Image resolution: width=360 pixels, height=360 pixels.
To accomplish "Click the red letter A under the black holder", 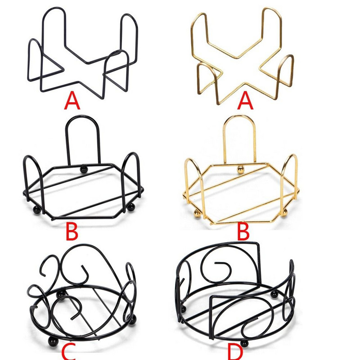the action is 72,100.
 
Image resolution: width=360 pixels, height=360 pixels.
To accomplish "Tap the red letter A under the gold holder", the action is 245,100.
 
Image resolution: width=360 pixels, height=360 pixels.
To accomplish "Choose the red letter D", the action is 235,352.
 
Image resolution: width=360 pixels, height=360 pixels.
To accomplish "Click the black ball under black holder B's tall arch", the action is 84,170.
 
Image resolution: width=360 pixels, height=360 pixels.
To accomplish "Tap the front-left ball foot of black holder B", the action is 37,210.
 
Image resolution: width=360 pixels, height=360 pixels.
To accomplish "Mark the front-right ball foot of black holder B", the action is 131,207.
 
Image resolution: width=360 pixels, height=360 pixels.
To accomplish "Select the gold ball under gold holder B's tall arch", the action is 241,170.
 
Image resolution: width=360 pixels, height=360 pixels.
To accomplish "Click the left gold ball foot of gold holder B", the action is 197,213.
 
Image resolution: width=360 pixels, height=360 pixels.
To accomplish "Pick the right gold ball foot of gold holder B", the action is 284,212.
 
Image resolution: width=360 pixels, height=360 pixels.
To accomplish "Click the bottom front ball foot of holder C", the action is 53,342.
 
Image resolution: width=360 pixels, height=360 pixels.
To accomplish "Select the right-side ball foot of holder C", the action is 132,320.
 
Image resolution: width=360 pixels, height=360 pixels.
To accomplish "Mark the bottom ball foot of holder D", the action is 244,343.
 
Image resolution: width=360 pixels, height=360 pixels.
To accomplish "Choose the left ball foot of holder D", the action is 183,309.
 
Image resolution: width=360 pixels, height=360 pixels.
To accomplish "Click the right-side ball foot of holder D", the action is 274,294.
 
